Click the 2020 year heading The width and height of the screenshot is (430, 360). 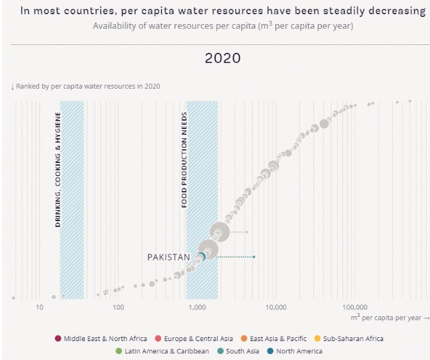pyautogui.click(x=223, y=58)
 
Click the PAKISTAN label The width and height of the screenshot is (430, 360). pyautogui.click(x=168, y=257)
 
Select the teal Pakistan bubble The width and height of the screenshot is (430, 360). pyautogui.click(x=201, y=257)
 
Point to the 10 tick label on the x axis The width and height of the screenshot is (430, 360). pyautogui.click(x=39, y=307)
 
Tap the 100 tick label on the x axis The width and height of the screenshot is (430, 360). pyautogui.click(x=118, y=307)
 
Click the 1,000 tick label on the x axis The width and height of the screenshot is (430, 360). pyautogui.click(x=197, y=307)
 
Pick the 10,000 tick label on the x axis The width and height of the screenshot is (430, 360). pyautogui.click(x=276, y=307)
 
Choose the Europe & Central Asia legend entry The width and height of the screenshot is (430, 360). pyautogui.click(x=194, y=338)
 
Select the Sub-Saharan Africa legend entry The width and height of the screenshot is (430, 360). pyautogui.click(x=349, y=338)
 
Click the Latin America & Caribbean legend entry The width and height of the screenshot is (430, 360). pyautogui.click(x=162, y=352)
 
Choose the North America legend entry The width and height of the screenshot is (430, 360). pyautogui.click(x=294, y=352)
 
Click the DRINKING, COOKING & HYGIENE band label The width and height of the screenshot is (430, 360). pyautogui.click(x=58, y=170)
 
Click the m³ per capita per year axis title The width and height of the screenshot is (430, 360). pyautogui.click(x=390, y=318)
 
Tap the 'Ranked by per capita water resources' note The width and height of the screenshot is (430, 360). pyautogui.click(x=85, y=86)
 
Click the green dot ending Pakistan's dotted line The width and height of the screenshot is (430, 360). pyautogui.click(x=254, y=257)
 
